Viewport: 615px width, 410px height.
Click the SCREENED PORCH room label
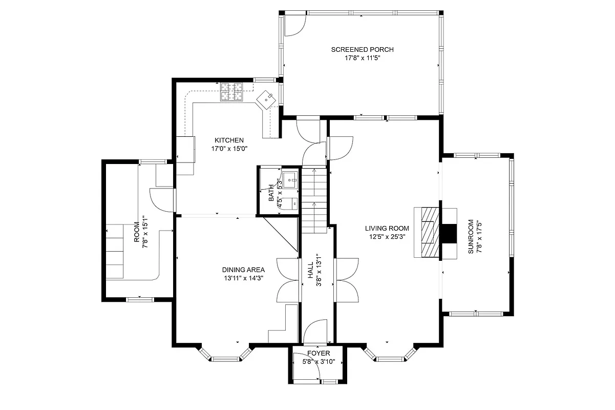click(x=362, y=50)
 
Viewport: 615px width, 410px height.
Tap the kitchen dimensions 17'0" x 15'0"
click(x=229, y=149)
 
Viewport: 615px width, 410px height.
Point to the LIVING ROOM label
click(x=387, y=229)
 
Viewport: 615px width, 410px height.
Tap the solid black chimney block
click(x=449, y=233)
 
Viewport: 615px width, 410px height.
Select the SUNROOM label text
click(x=470, y=237)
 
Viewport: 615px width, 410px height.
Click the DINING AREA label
click(x=243, y=270)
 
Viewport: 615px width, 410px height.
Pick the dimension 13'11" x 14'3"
click(x=243, y=278)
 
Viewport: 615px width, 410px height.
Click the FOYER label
click(x=319, y=354)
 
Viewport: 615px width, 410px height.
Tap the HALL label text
click(x=310, y=273)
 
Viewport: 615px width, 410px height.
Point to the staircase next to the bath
click(x=313, y=200)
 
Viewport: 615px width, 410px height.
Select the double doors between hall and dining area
click(x=288, y=280)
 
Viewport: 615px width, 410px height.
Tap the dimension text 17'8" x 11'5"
click(x=362, y=58)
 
